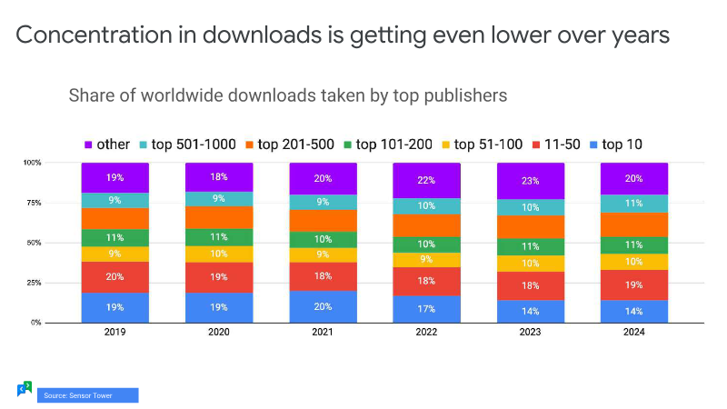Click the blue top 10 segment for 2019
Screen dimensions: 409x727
115,307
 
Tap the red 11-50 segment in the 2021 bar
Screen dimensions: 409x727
323,276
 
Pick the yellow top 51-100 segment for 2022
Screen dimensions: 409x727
426,259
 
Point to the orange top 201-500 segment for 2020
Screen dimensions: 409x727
218,217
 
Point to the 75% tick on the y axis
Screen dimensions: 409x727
57,203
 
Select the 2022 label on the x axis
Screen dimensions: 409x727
426,333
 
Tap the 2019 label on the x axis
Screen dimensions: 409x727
115,333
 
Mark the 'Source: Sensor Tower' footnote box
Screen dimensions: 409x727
87,395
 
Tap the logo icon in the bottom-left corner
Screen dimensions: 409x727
25,389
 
